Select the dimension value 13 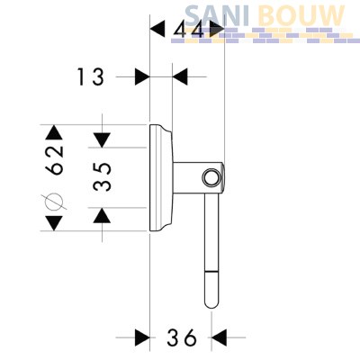pyautogui.click(x=91, y=76)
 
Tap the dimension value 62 pyautogui.click(x=55, y=160)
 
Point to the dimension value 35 pyautogui.click(x=103, y=177)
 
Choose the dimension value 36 pyautogui.click(x=182, y=337)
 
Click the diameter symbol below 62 pyautogui.click(x=54, y=201)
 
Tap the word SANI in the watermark pyautogui.click(x=216, y=15)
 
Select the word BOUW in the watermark pyautogui.click(x=301, y=15)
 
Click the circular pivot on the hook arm pyautogui.click(x=211, y=178)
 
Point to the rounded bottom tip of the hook pyautogui.click(x=211, y=304)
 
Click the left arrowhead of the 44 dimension pyautogui.click(x=157, y=29)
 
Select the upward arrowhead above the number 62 pyautogui.click(x=54, y=132)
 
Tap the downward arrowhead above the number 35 pyautogui.click(x=102, y=140)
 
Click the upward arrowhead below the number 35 pyautogui.click(x=102, y=215)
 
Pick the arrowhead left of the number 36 pyautogui.click(x=142, y=337)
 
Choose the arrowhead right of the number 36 pyautogui.click(x=220, y=337)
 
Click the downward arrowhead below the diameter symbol pyautogui.click(x=54, y=223)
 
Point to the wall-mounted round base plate pyautogui.click(x=161, y=177)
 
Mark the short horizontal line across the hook pyautogui.click(x=211, y=272)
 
